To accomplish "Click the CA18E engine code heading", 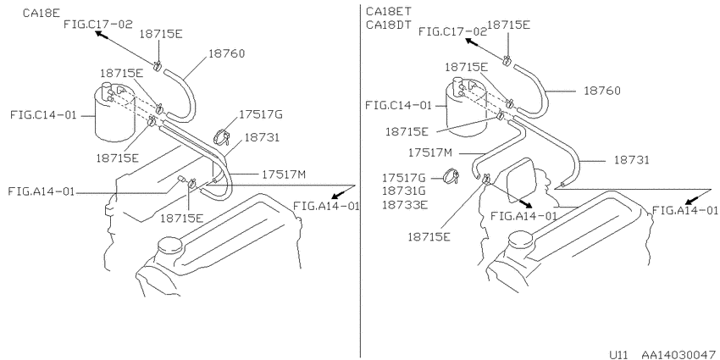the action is point(42,13).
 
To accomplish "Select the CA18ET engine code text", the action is point(389,11).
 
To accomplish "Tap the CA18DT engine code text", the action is point(389,25).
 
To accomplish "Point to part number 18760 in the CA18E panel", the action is point(226,53).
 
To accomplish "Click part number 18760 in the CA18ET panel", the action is point(602,91).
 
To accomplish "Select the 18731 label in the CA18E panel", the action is point(262,137).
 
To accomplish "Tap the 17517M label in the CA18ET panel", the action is point(430,152).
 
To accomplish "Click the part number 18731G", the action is point(404,191).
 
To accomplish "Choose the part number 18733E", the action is point(404,205).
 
